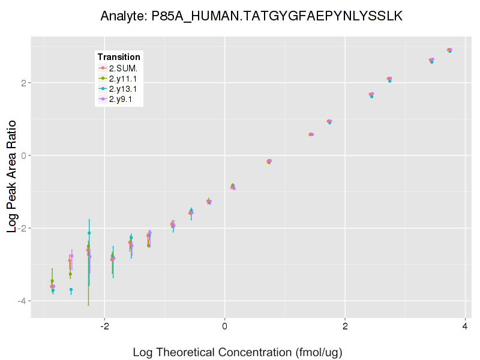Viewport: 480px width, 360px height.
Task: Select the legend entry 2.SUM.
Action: [124, 68]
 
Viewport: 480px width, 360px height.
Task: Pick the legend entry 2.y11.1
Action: [124, 79]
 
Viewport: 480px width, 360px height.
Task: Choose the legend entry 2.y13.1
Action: [124, 89]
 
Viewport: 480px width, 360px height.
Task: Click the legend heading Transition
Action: [119, 57]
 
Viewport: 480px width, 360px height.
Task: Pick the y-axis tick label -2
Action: [21, 228]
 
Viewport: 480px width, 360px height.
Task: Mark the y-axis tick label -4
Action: [21, 301]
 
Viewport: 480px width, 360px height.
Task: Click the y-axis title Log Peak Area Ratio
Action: [11, 174]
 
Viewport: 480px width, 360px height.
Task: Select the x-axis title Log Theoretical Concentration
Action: [237, 352]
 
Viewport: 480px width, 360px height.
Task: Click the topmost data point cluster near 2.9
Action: [449, 50]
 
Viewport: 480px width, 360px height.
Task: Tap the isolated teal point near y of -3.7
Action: [71, 290]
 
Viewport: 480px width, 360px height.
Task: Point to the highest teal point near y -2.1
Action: [89, 233]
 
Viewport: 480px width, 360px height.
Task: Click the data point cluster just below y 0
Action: [269, 161]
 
